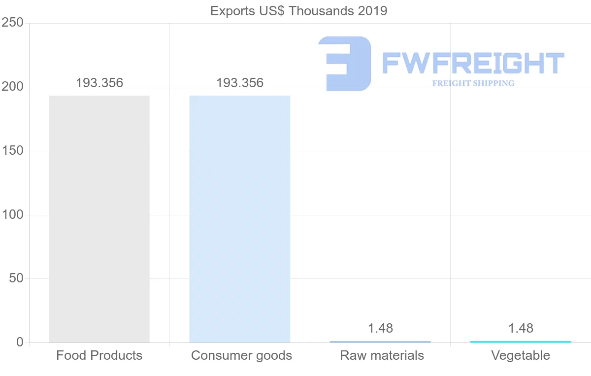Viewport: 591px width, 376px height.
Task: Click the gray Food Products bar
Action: (99, 219)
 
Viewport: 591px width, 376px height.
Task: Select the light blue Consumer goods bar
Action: (240, 219)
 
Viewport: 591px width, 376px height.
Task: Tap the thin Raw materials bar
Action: (380, 342)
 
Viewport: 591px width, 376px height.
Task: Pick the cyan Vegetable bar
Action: (521, 342)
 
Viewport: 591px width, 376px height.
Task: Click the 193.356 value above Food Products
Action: (99, 83)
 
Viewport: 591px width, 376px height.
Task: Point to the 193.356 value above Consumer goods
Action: (240, 83)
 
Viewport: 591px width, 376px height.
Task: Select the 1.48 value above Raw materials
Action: (380, 328)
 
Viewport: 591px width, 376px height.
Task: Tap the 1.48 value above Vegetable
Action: (521, 328)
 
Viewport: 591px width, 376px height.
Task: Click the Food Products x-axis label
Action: (99, 355)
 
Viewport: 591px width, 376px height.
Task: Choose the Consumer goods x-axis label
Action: (241, 355)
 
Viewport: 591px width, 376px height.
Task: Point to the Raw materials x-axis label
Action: (382, 355)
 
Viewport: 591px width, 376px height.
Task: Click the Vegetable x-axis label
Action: (521, 355)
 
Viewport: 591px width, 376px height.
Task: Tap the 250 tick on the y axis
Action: (12, 23)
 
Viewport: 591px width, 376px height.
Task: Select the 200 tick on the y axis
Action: (12, 87)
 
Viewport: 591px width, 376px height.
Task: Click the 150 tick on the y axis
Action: (12, 151)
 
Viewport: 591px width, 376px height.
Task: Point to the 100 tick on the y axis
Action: (12, 215)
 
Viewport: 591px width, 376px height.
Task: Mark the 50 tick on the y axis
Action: (16, 278)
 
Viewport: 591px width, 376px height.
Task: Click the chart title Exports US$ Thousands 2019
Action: (298, 10)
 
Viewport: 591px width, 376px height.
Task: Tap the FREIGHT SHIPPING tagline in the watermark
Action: (473, 83)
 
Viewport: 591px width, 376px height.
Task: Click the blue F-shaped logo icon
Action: (345, 64)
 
